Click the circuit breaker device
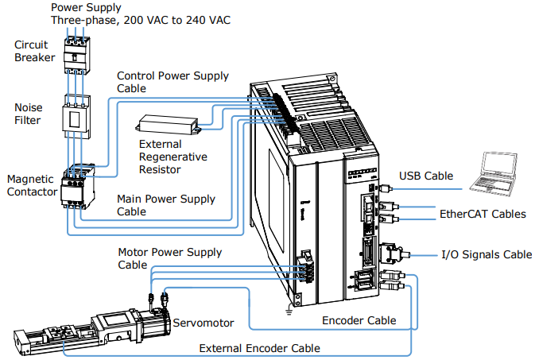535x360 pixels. [x=77, y=56]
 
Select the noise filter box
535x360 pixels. [x=76, y=117]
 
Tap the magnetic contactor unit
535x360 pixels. [x=77, y=187]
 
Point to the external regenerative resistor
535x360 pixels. [x=168, y=124]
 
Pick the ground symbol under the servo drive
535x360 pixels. [x=289, y=312]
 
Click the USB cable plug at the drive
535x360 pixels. [x=385, y=188]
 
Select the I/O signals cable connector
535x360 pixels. [x=391, y=254]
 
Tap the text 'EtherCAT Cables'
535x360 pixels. [x=483, y=214]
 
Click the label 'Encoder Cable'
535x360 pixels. [x=359, y=320]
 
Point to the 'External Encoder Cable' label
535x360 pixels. [x=260, y=348]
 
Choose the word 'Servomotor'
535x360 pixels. [x=204, y=323]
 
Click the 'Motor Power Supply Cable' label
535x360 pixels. [x=170, y=258]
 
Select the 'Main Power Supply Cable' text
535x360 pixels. [x=166, y=205]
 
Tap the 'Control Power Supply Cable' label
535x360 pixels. [x=173, y=82]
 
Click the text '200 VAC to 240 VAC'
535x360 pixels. [x=176, y=20]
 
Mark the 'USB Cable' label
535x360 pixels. [x=426, y=176]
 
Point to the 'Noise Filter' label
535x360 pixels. [x=29, y=114]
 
